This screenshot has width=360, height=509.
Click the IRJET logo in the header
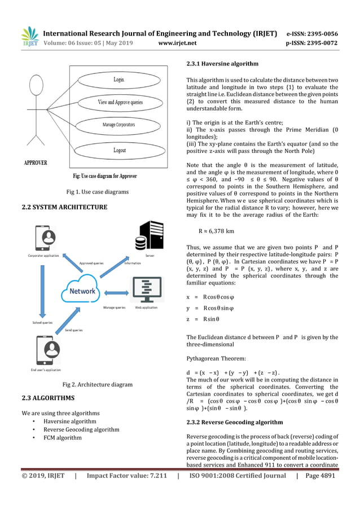29,37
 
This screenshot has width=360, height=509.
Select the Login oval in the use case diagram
118,80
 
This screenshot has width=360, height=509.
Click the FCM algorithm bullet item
63,437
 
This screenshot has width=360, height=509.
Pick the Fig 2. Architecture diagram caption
97,385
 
